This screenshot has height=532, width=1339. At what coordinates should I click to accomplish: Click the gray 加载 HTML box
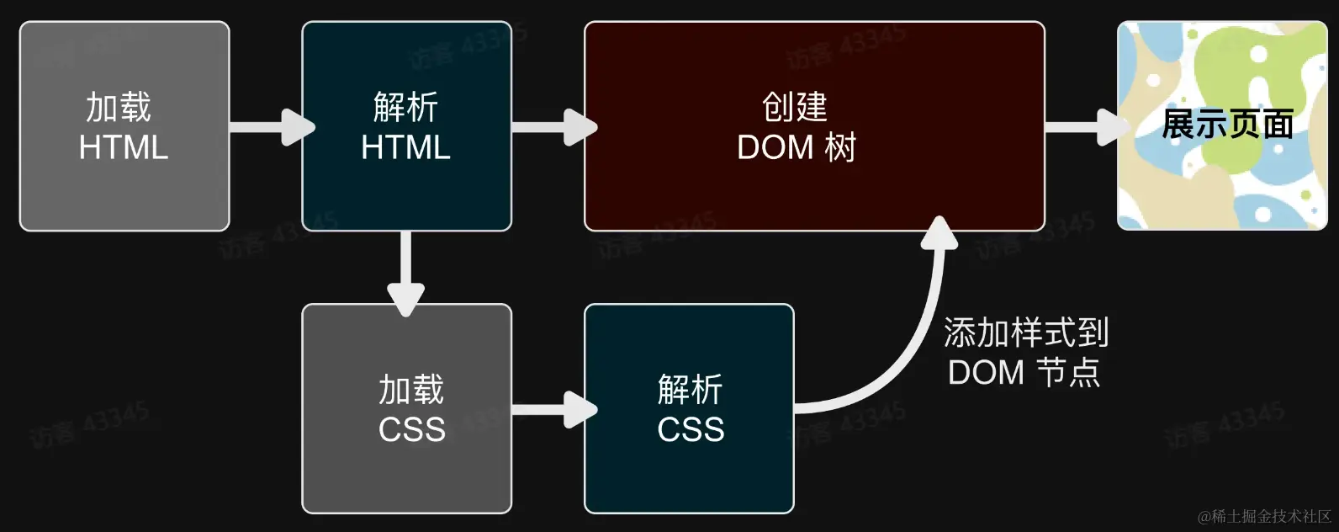coord(124,126)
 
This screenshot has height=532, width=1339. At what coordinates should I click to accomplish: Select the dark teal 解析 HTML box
coord(406,126)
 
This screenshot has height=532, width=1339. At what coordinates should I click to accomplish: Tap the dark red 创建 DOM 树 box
coord(814,126)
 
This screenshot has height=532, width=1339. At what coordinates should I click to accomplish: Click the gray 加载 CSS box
coord(406,408)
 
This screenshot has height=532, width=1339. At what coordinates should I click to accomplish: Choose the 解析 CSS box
coord(689,408)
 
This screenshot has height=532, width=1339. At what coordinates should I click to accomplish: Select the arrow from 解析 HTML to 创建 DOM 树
coord(550,127)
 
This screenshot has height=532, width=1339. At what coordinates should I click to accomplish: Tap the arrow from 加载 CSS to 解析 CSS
coord(550,410)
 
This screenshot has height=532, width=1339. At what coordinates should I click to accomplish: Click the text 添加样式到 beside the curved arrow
coord(1026,333)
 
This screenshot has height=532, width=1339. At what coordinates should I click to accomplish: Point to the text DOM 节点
coord(1024,372)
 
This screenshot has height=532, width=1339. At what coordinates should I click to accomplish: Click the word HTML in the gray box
coord(124,147)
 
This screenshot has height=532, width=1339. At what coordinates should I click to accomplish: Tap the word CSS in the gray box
coord(411,429)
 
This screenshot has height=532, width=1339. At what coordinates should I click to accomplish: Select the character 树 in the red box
coord(840,147)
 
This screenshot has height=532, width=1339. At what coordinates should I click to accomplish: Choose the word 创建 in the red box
coord(795,107)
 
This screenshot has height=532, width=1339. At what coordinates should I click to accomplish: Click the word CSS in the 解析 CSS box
coord(691,429)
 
